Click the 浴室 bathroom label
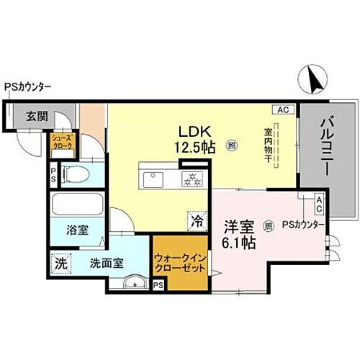click(78, 230)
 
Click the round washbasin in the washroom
click(131, 283)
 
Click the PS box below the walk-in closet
click(158, 286)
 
